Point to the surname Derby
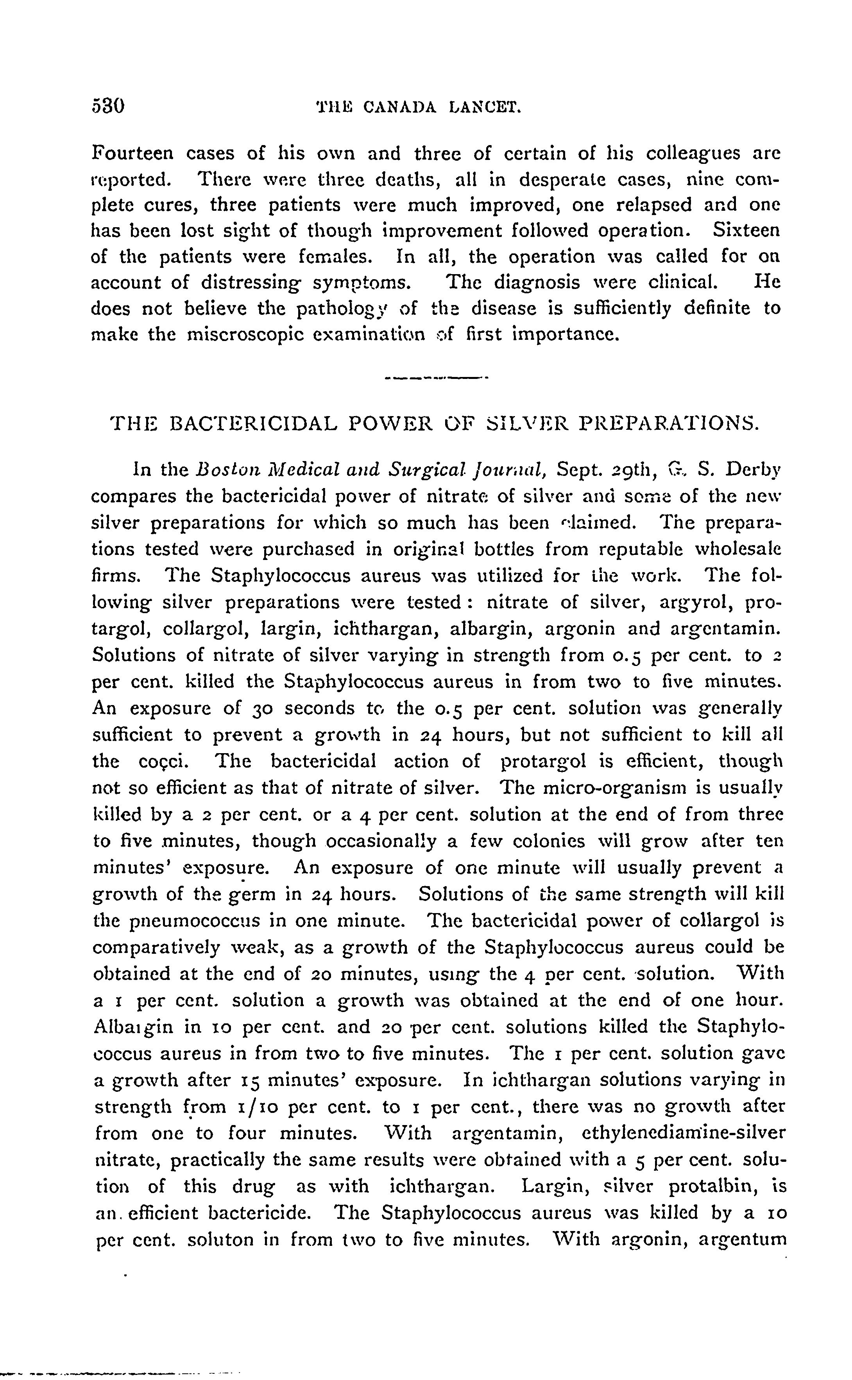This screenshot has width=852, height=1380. [x=753, y=469]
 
